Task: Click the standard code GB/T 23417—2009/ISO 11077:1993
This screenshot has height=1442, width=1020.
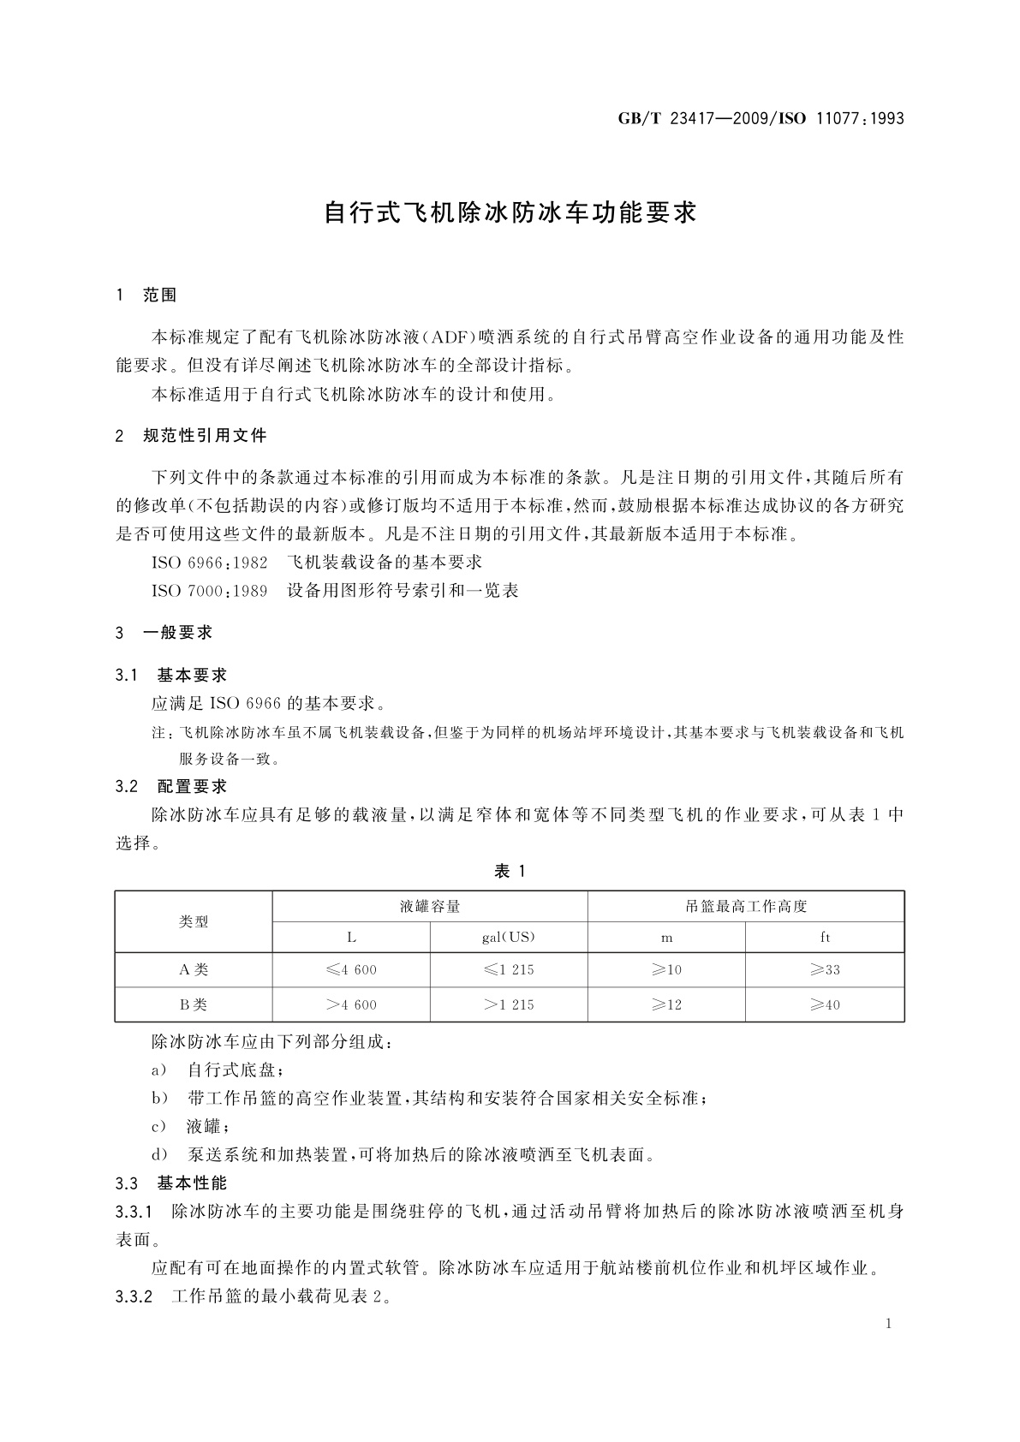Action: (761, 119)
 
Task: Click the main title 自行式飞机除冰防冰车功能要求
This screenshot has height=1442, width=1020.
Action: (510, 212)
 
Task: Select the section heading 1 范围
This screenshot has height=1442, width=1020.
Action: (146, 295)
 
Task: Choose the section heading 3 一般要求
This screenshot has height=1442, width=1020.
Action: (164, 633)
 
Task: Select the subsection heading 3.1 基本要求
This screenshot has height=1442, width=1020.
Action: (170, 676)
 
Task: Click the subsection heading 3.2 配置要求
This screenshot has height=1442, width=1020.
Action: (170, 786)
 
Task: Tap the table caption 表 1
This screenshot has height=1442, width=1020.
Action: (510, 871)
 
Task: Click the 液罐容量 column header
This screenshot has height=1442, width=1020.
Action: (430, 906)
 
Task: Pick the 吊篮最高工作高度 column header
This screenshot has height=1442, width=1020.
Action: (746, 906)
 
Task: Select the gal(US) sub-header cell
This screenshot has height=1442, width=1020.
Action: (509, 937)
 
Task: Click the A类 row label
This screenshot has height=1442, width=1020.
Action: (194, 969)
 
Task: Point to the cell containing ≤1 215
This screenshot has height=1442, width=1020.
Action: (509, 969)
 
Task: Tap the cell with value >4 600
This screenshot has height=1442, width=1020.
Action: (351, 1004)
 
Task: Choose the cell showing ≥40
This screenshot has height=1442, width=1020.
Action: (825, 1004)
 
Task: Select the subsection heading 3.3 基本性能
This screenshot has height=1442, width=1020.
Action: (170, 1183)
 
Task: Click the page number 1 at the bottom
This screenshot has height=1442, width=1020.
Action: (889, 1324)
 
